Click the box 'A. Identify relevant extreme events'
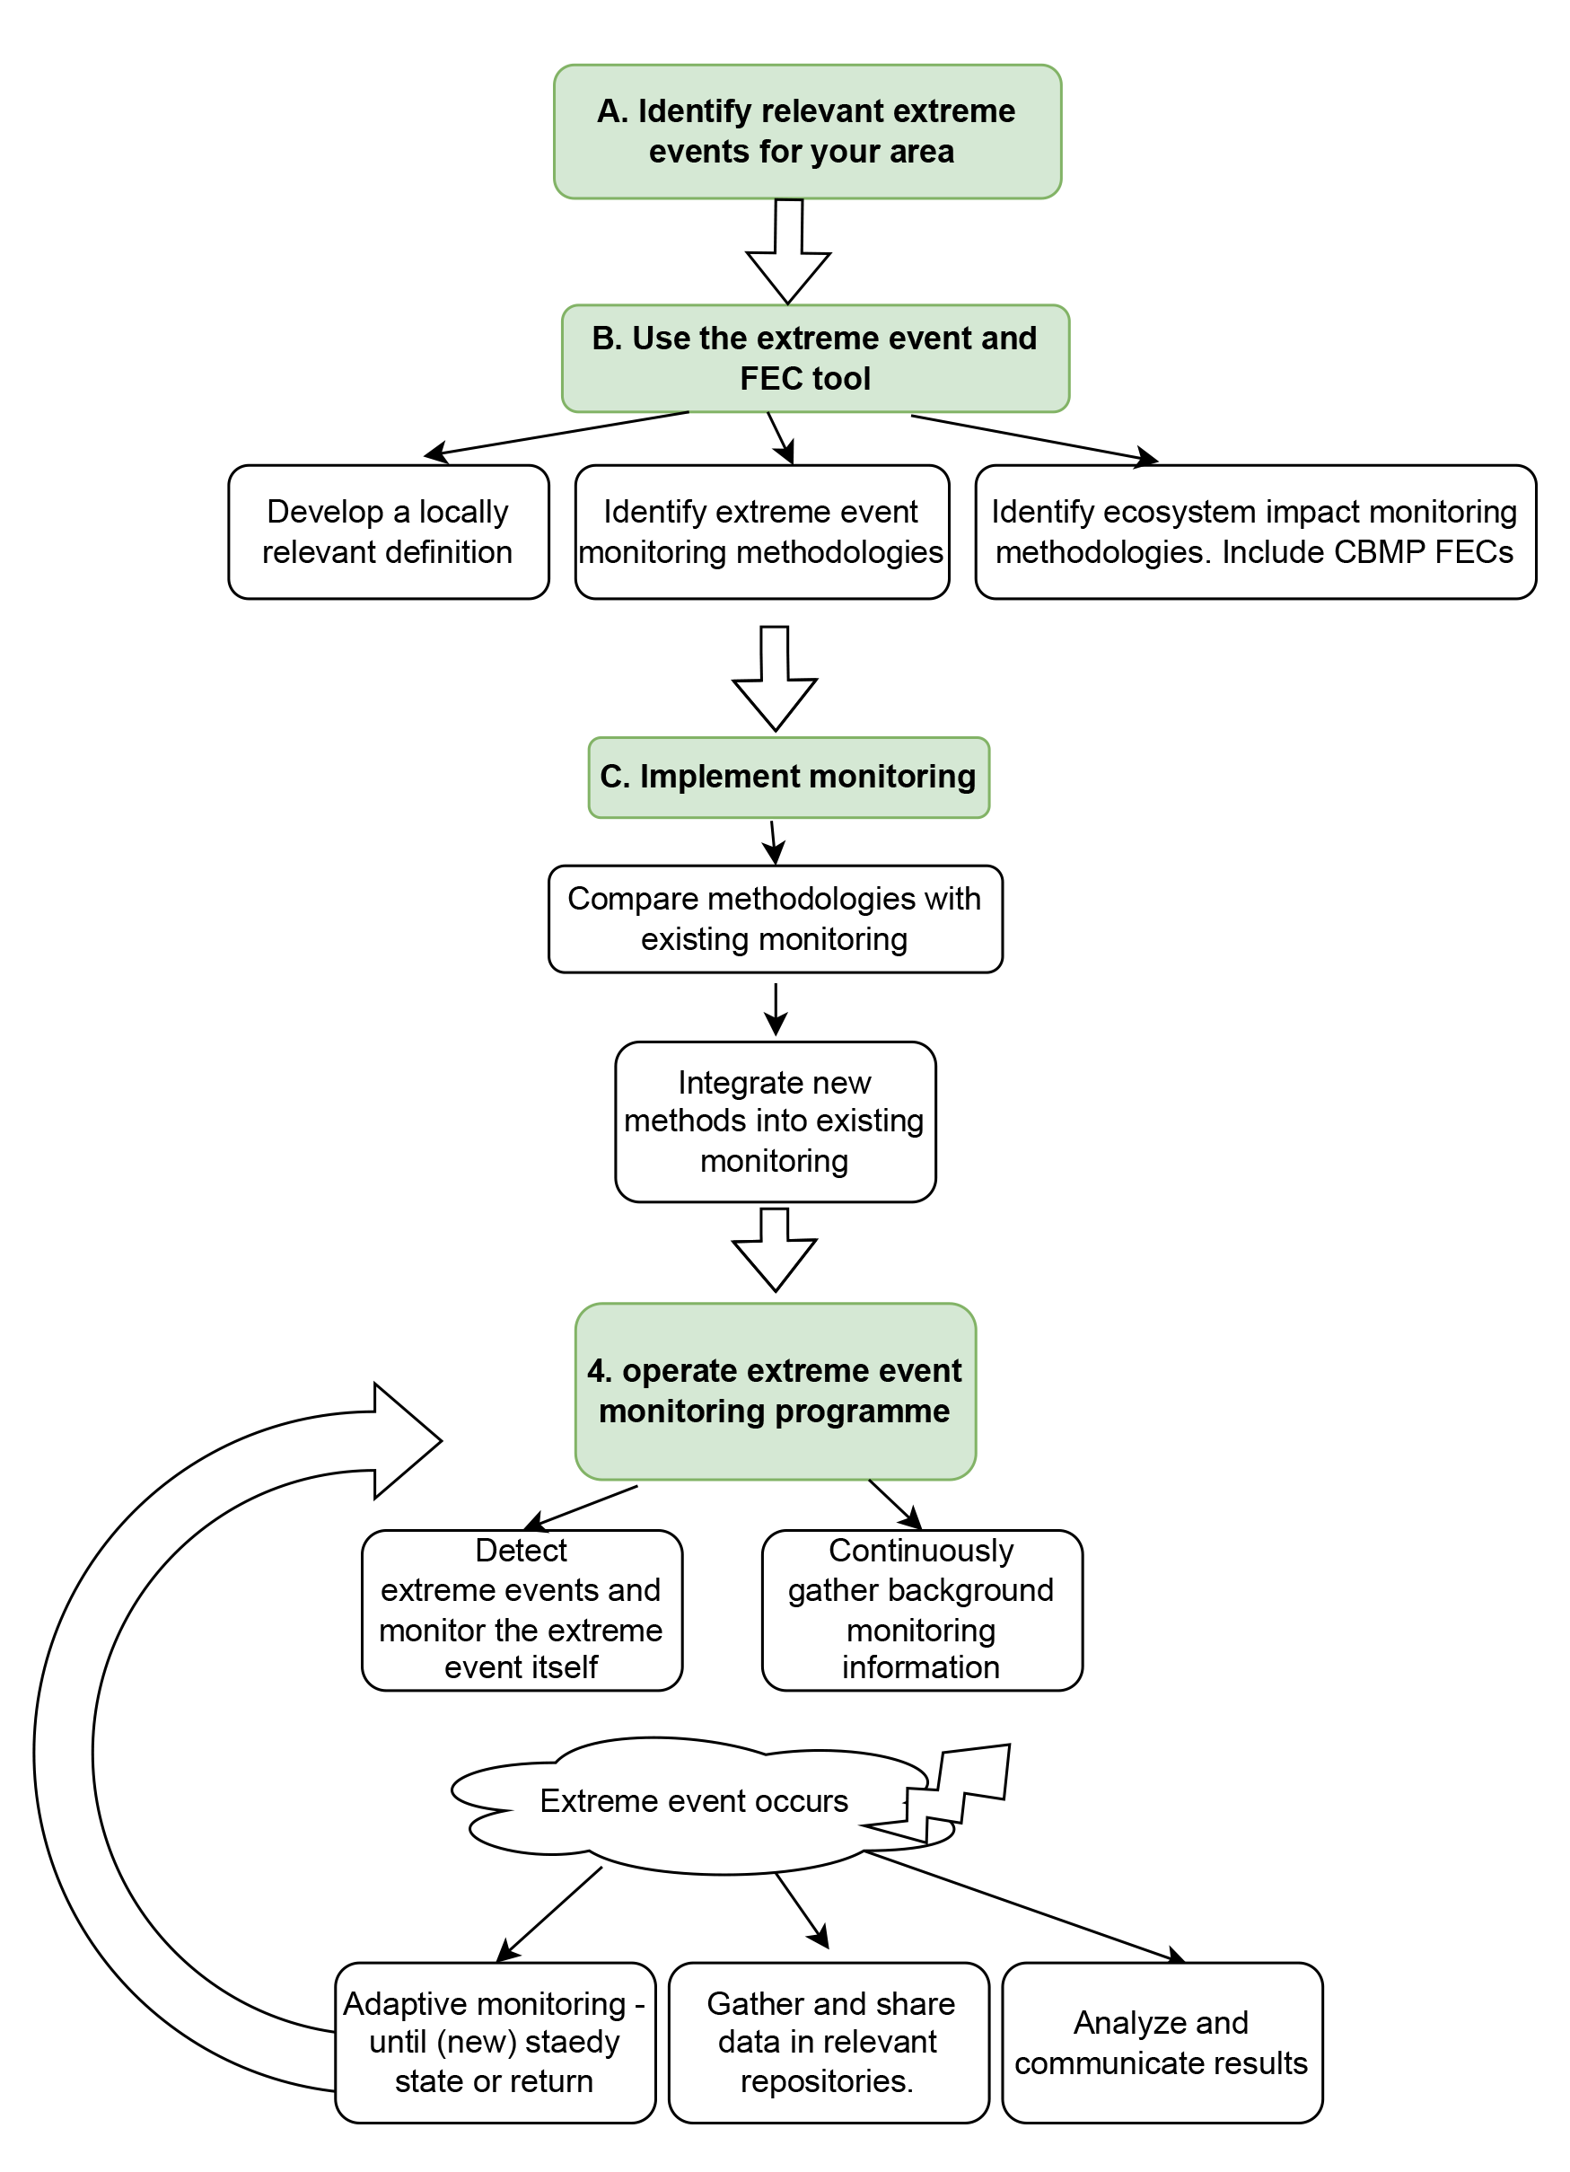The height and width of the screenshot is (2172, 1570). coord(807,131)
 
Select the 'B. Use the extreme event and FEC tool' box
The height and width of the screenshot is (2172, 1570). coord(815,358)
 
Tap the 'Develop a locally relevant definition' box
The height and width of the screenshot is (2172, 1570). coord(389,532)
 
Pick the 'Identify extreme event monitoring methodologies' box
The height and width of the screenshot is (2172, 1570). coord(762,532)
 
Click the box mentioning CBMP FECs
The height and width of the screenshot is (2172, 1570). coord(1255,532)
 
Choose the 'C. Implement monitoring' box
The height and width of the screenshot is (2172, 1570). coord(789,777)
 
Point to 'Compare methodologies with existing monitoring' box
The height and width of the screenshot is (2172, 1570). coord(776,919)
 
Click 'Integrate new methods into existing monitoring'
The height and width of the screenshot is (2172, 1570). coord(776,1121)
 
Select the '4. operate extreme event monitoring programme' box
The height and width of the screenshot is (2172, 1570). coord(776,1391)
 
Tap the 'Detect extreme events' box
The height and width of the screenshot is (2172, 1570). coord(522,1610)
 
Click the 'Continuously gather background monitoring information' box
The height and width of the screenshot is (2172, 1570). coord(922,1610)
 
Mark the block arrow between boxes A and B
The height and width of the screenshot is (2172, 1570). coord(788,251)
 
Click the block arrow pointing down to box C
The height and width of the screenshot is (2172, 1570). coord(775,679)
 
